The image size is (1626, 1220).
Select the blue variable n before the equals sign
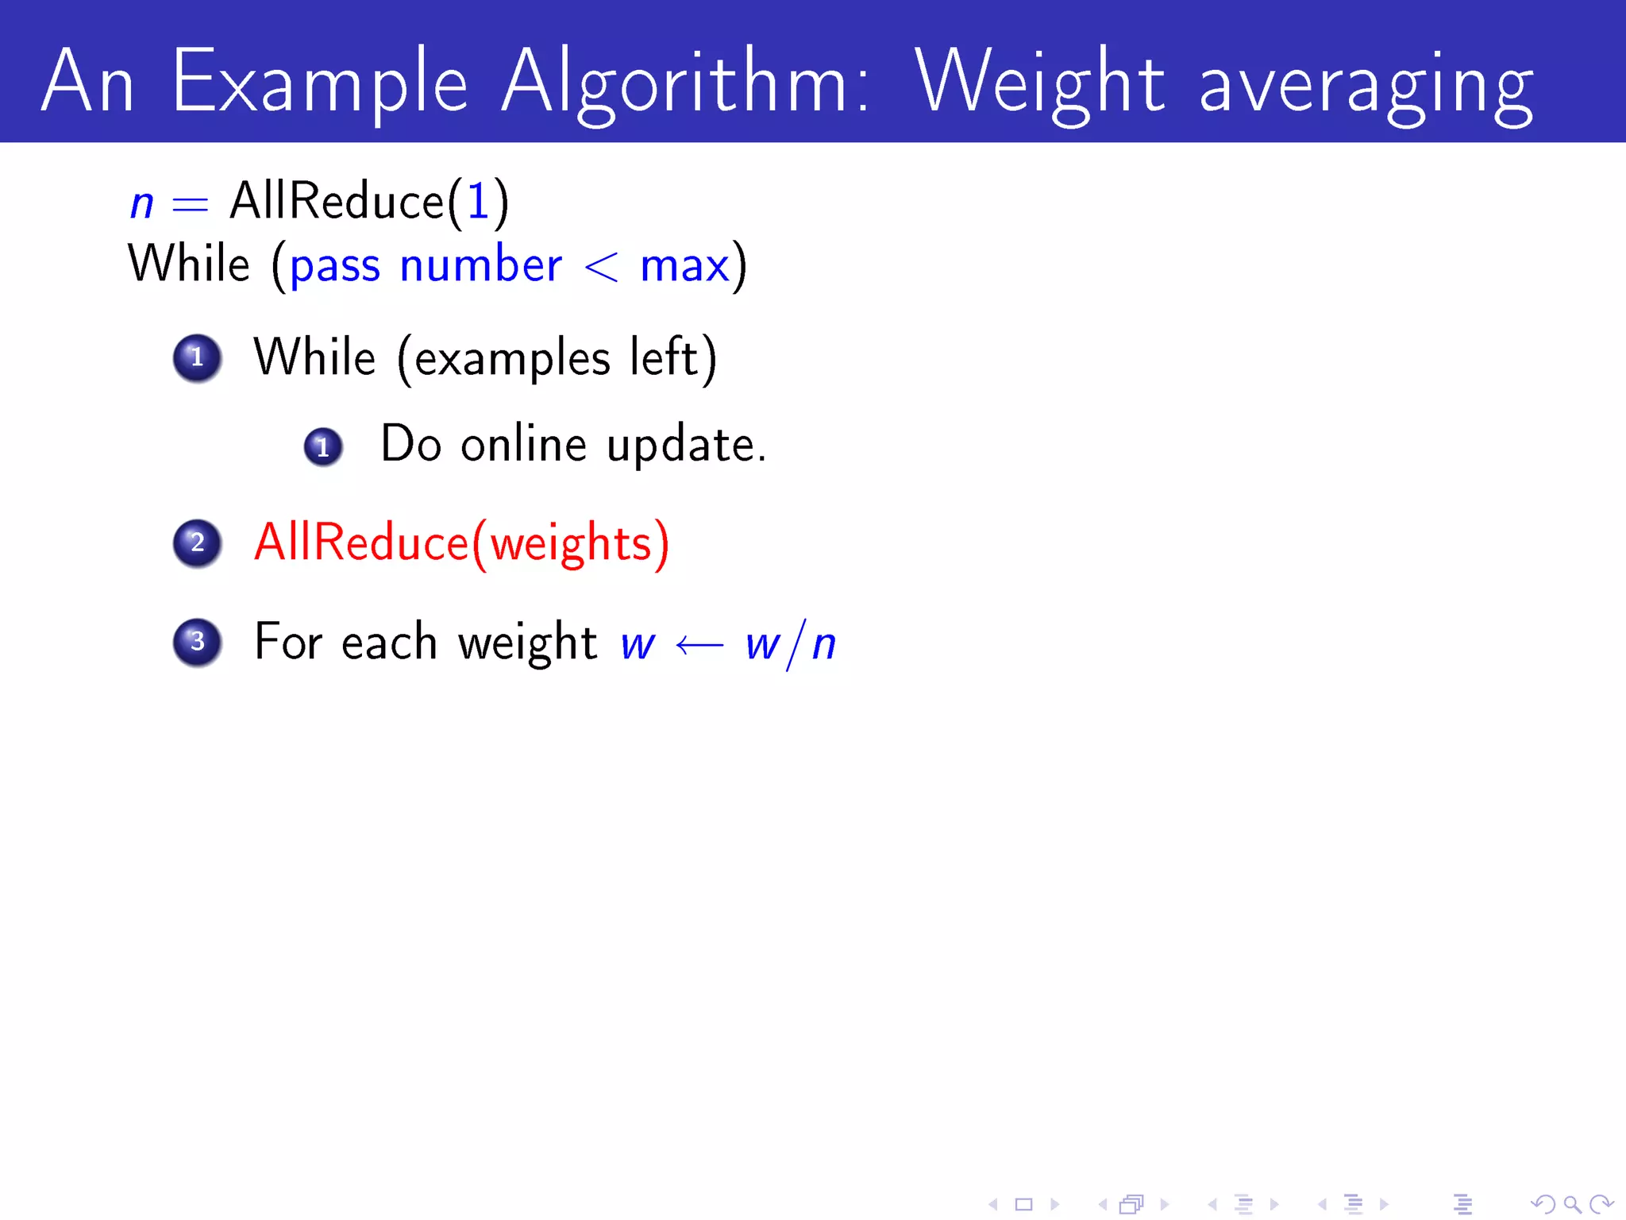click(141, 203)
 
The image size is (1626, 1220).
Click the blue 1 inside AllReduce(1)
click(478, 200)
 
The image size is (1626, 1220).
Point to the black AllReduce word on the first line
click(337, 200)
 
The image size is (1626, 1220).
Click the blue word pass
click(335, 267)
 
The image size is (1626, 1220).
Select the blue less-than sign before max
click(601, 267)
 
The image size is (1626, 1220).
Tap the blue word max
click(684, 267)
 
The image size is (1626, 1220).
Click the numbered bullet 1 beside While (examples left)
click(197, 357)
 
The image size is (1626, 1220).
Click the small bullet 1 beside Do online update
click(323, 447)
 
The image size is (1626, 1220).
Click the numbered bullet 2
click(197, 543)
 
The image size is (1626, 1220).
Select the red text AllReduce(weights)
click(461, 543)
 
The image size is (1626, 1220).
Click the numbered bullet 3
click(197, 642)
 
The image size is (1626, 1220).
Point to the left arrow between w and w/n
click(699, 645)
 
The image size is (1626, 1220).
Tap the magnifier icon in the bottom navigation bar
click(1572, 1205)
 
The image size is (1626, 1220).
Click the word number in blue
click(481, 265)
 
